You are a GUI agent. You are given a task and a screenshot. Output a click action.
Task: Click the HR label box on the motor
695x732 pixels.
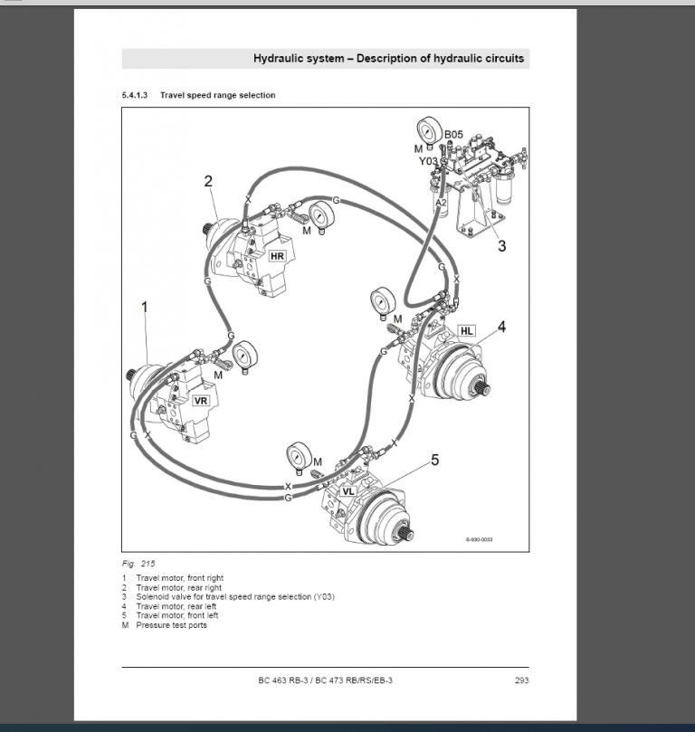tap(277, 256)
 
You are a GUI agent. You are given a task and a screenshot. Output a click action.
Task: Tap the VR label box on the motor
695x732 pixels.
tap(201, 401)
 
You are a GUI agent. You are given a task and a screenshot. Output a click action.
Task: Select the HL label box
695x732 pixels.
tap(466, 331)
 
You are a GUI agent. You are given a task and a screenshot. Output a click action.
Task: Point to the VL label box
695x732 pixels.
tap(348, 491)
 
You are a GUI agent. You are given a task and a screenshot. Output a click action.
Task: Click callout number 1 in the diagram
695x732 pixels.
tap(144, 308)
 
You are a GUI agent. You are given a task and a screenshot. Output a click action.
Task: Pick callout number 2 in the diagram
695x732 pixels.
tap(208, 181)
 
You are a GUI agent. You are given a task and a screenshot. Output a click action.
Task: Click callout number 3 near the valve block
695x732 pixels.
tap(502, 244)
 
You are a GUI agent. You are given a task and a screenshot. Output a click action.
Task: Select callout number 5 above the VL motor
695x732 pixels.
tap(434, 461)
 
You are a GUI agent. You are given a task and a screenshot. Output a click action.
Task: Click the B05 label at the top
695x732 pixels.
tap(453, 135)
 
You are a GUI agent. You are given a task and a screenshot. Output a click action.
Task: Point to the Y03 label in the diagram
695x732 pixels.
tap(427, 161)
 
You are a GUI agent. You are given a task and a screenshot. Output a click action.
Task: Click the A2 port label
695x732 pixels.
tap(441, 204)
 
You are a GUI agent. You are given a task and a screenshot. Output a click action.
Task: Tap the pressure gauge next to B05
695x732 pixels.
tap(429, 131)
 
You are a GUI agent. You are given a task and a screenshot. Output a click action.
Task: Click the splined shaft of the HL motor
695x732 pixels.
tap(481, 389)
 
